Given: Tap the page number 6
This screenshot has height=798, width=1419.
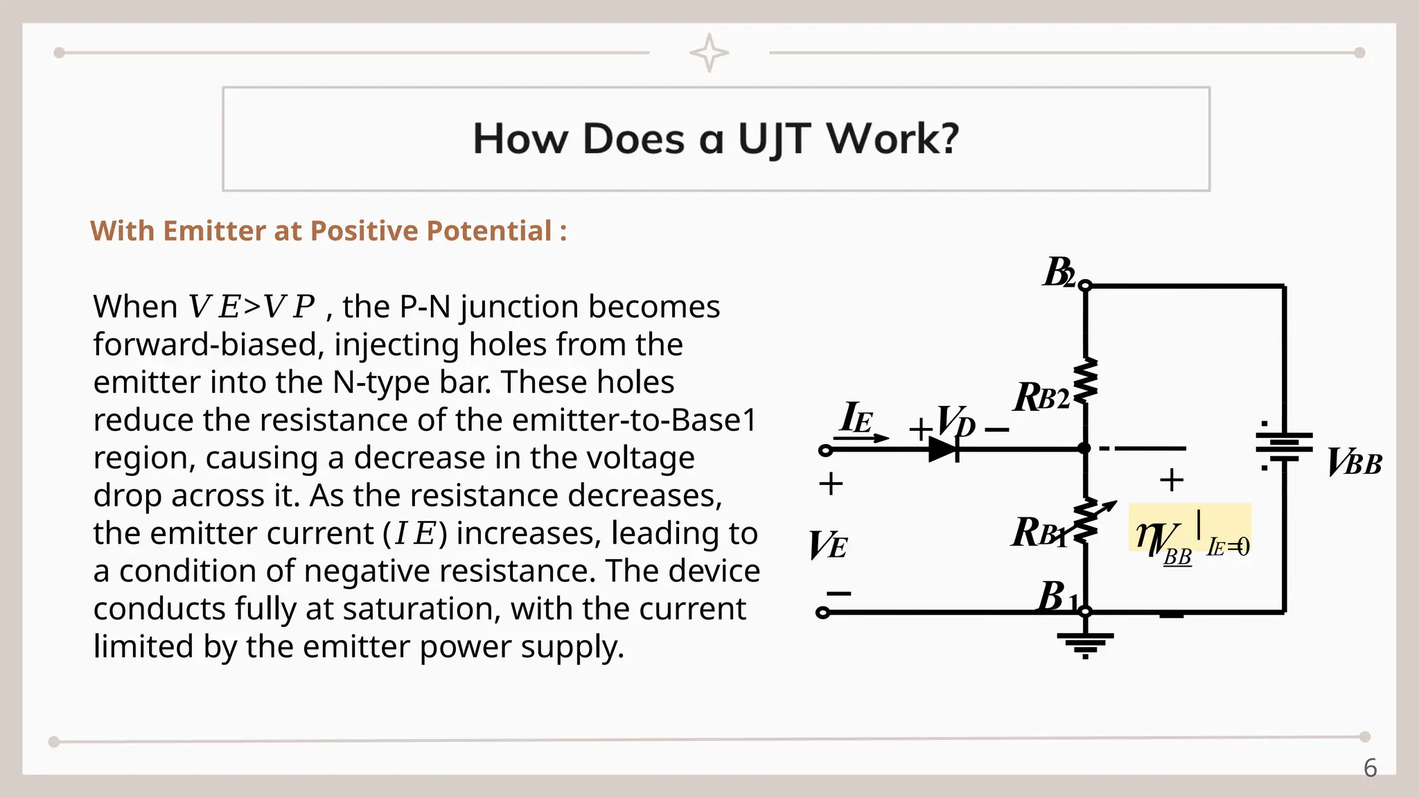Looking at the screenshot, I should (x=1370, y=768).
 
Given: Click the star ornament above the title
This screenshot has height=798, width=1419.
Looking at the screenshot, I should (x=709, y=53).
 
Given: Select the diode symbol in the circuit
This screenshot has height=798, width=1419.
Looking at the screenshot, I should (x=944, y=450).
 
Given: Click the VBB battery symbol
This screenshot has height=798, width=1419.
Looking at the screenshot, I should (x=1284, y=446).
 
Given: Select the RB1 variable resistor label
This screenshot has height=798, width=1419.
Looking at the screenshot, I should (x=1038, y=533).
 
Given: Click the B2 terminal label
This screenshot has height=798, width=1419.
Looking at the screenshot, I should (x=1059, y=273).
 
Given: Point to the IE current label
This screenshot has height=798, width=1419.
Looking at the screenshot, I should (x=856, y=418).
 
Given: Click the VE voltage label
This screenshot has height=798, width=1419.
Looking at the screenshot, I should (x=827, y=545).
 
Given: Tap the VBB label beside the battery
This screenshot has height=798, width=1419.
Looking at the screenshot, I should (x=1354, y=463).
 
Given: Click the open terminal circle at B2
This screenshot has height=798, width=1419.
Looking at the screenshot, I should (x=1085, y=285).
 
